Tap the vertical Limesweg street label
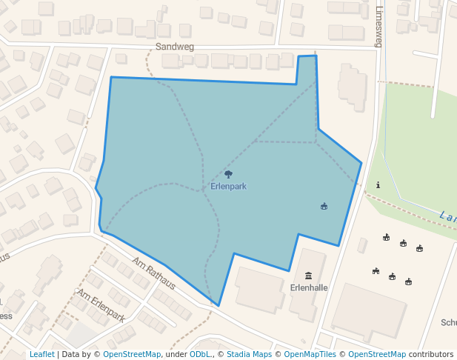coord(379,27)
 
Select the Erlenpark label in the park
coord(228,187)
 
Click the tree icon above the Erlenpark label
coord(228,175)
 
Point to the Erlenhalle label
coord(309,287)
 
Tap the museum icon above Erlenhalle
coord(309,276)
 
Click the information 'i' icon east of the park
coord(378,184)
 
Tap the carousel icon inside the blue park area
coord(324,206)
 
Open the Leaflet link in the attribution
coord(41,355)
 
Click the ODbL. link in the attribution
coord(201,355)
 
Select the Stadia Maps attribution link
coord(249,355)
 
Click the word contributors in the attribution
coord(431,355)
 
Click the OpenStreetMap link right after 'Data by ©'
coord(132,355)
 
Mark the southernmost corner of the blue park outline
coord(219,305)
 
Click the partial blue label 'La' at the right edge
coord(447,216)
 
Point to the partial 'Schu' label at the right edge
coord(448,322)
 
